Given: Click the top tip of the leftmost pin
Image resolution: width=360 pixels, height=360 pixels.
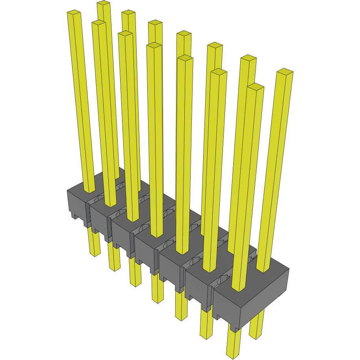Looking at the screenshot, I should click(74, 13).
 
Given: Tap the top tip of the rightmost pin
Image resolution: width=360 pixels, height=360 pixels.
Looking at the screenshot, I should click(285, 72).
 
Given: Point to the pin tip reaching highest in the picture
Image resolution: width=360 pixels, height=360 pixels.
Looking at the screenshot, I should click(103, 3).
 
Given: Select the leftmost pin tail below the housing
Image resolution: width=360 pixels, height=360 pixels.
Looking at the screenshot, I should click(94, 244).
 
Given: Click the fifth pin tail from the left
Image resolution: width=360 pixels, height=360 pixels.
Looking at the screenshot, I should click(181, 307).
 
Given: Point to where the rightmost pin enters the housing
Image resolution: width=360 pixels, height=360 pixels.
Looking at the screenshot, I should click(264, 270).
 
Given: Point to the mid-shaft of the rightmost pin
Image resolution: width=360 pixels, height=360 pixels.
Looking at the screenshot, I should click(276, 169).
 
